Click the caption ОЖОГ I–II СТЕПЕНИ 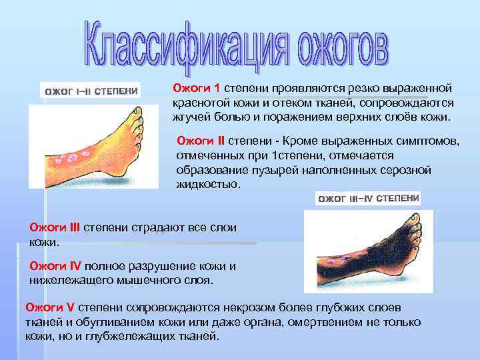(x=91, y=91)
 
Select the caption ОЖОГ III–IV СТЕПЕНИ (x=368, y=199)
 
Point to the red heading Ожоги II (x=201, y=141)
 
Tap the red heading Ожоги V (x=50, y=307)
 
